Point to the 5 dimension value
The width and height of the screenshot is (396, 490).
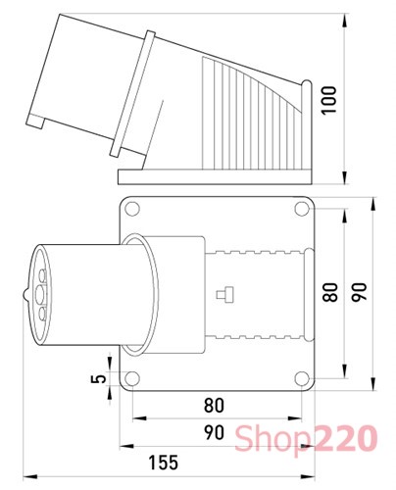pyautogui.click(x=95, y=381)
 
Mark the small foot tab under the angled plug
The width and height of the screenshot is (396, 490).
pyautogui.click(x=40, y=124)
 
